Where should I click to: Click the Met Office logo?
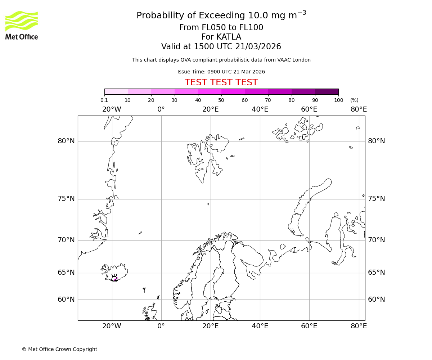22,25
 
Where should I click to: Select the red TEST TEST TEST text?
221,82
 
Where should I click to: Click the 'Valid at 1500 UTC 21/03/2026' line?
221,47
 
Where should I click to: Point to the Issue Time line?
221,72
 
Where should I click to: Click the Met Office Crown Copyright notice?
59,349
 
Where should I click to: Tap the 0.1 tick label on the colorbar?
104,100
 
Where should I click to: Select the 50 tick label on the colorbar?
221,100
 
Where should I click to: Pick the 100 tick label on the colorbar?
338,100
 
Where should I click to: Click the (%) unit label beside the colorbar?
354,100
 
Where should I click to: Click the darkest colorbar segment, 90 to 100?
327,91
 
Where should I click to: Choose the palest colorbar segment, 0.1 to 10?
116,91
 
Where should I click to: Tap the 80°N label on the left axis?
66,141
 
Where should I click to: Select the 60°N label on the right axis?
376,300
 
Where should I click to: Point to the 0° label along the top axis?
161,109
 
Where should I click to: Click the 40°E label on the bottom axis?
260,326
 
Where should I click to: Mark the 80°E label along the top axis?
359,109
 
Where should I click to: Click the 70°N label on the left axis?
66,240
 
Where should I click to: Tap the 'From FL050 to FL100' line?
221,28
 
